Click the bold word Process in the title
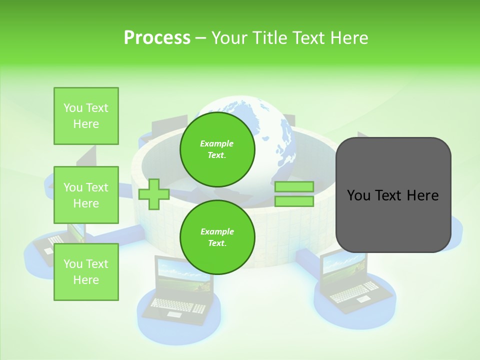[x=157, y=38]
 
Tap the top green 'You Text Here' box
[x=86, y=116]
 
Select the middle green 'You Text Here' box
[x=86, y=195]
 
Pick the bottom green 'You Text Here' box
[x=86, y=272]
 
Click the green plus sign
[x=154, y=194]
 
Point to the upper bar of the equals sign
[x=294, y=187]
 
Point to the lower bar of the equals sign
[x=294, y=201]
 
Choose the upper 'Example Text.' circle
[x=217, y=149]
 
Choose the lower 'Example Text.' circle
[x=217, y=237]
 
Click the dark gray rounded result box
[x=393, y=194]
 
